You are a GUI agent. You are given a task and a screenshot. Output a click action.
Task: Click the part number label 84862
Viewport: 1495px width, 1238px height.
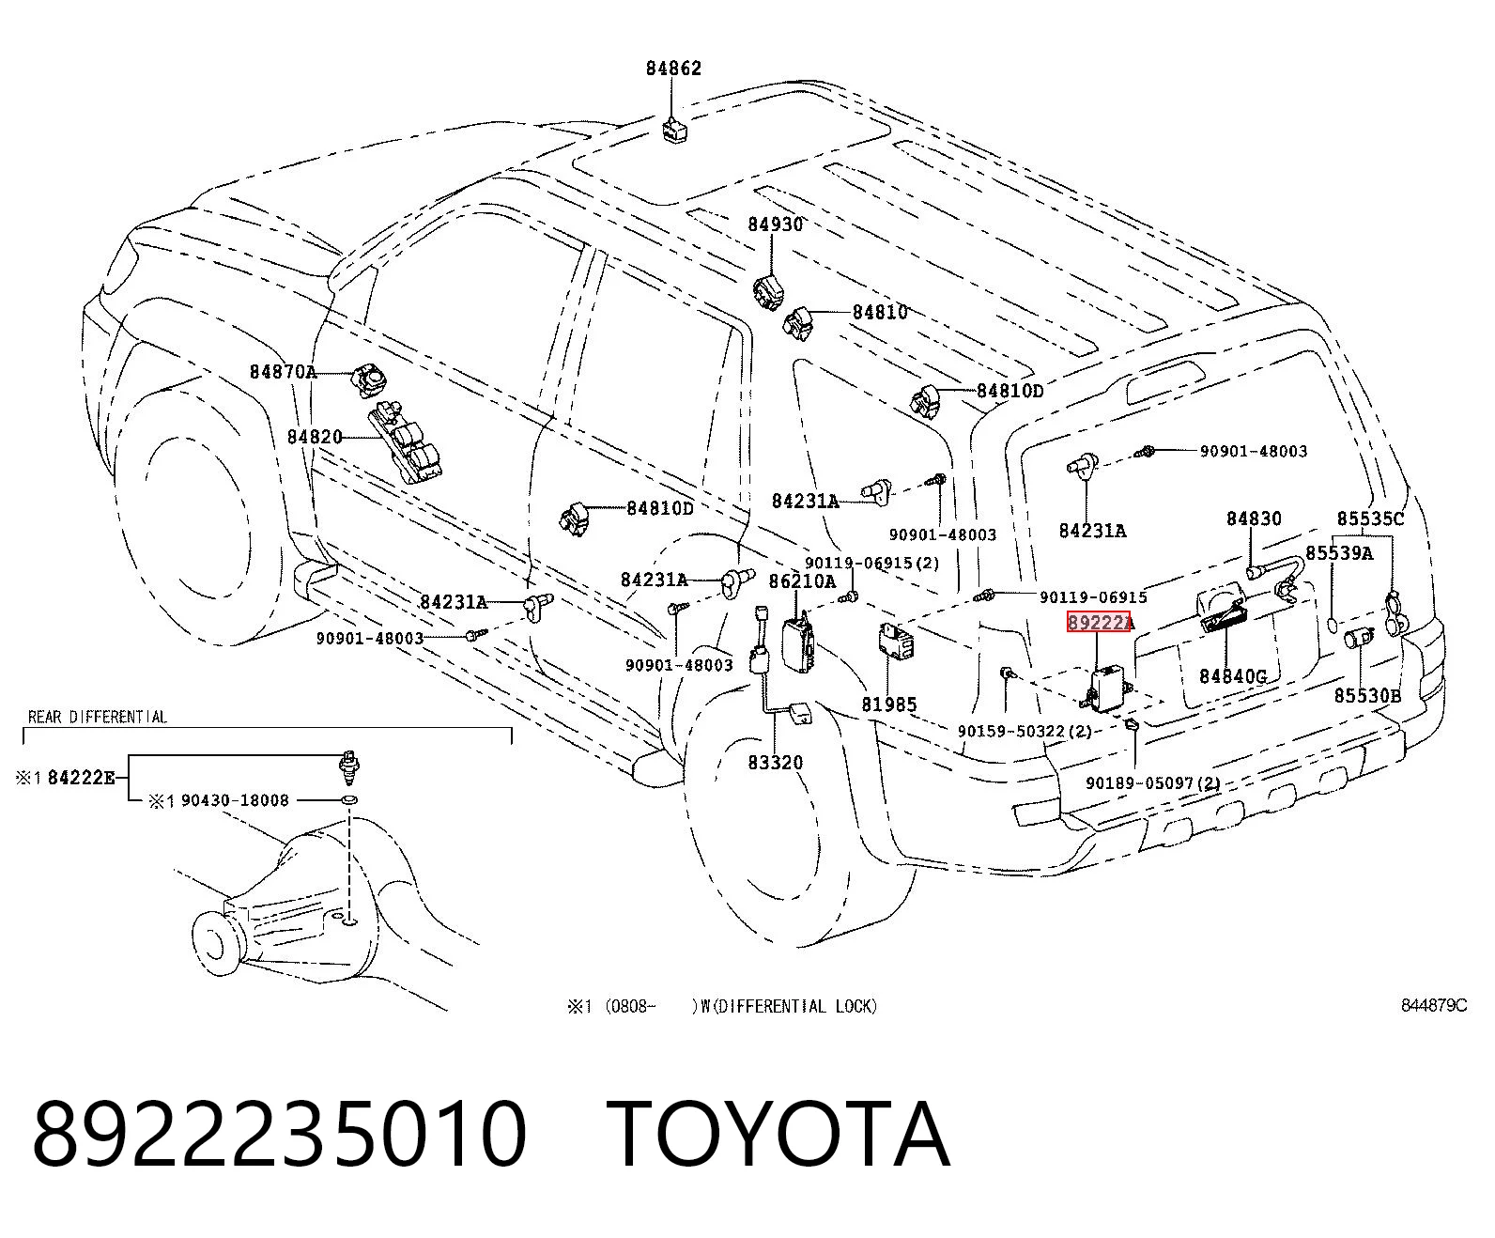(x=673, y=68)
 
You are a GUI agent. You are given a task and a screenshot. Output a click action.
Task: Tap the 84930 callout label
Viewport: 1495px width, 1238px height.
(x=776, y=224)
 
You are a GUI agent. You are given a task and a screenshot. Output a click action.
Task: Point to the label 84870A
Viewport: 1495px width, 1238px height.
(x=283, y=372)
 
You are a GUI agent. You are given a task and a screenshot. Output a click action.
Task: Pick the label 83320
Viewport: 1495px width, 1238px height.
(x=776, y=763)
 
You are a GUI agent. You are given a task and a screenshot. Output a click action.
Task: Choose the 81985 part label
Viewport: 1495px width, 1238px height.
(x=888, y=704)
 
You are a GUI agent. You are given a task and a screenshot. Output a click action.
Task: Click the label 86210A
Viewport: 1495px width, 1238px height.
(x=802, y=581)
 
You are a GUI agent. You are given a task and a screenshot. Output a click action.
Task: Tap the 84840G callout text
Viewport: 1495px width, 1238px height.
(x=1233, y=675)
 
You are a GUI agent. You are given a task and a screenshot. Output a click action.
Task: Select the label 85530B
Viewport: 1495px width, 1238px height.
(x=1367, y=695)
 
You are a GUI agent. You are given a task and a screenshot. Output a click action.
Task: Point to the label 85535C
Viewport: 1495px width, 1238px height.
(x=1370, y=518)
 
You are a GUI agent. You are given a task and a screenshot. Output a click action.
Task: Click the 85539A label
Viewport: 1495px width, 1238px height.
(x=1339, y=552)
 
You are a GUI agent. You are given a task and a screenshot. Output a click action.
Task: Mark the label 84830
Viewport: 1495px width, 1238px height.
(x=1254, y=518)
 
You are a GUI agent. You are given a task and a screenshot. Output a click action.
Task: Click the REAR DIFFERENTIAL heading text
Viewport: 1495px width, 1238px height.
(x=98, y=717)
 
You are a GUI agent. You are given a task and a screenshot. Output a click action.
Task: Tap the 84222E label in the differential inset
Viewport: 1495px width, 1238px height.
(x=81, y=778)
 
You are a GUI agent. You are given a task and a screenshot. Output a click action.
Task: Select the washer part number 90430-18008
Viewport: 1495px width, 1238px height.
(x=235, y=800)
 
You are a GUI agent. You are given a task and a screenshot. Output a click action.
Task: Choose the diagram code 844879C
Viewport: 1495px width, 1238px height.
(x=1434, y=1005)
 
